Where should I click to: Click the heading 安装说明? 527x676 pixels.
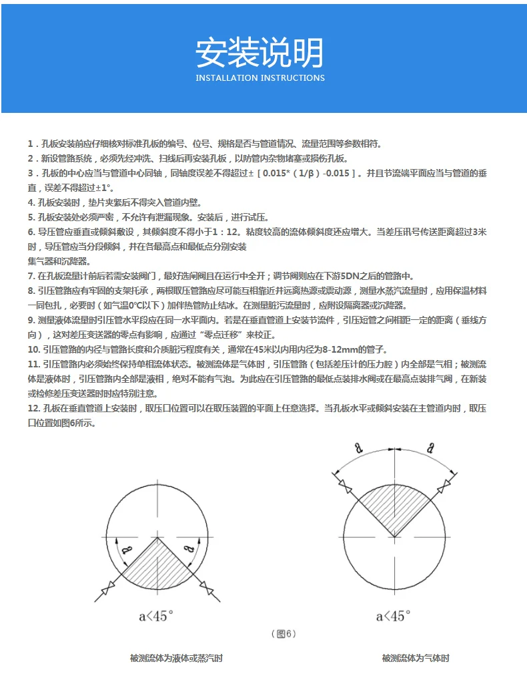260,53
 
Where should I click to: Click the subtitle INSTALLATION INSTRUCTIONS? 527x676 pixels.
260,78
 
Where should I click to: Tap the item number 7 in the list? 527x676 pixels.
31,276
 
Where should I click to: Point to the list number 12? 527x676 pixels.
34,408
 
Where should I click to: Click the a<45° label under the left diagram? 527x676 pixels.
155,616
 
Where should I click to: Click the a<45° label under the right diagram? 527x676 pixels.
393,616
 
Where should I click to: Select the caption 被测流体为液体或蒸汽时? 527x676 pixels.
176,658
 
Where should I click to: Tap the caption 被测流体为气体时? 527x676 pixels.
416,658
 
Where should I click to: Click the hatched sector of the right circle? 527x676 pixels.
394,508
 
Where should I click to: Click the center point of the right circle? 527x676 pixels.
394,536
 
